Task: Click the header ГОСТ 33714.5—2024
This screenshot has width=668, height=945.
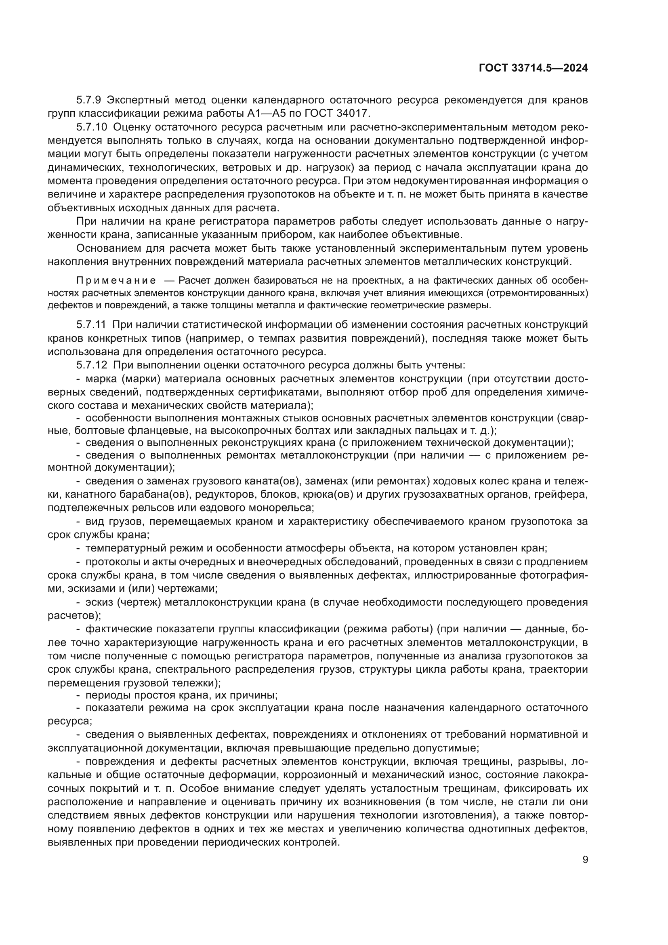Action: pyautogui.click(x=533, y=68)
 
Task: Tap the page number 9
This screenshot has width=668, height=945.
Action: pyautogui.click(x=585, y=860)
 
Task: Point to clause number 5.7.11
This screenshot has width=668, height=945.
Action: pyautogui.click(x=91, y=325)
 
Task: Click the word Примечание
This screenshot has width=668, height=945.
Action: pyautogui.click(x=116, y=281)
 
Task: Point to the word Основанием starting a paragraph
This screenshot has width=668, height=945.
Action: pyautogui.click(x=108, y=248)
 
